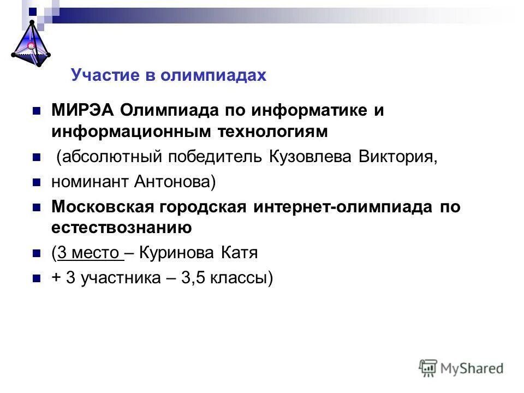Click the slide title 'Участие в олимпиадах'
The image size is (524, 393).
coord(168,75)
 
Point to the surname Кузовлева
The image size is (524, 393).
coord(311,157)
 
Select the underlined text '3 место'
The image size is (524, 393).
coord(89,253)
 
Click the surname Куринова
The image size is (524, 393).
coord(178,253)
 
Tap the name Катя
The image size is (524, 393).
coord(239,253)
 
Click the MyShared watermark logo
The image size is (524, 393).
coord(461,367)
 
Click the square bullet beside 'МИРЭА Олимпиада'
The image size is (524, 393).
coord(37,111)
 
